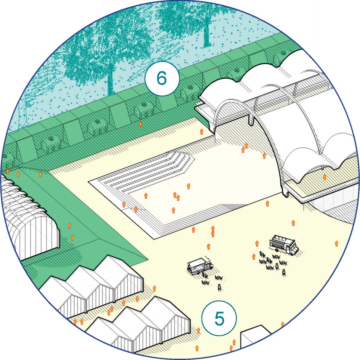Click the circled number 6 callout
(162, 78)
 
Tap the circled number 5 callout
(219, 318)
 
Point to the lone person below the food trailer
(219, 288)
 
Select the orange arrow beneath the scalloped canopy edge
(324, 177)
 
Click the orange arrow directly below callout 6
(140, 124)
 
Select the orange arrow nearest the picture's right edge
(336, 243)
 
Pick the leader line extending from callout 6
(149, 96)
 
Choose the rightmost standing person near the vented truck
(284, 272)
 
